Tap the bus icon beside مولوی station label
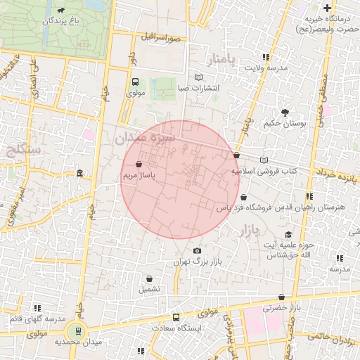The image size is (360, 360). click(x=135, y=81)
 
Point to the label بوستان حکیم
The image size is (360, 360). click(x=285, y=123)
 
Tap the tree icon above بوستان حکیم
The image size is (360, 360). click(x=285, y=112)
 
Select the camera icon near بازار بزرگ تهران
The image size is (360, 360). click(x=197, y=251)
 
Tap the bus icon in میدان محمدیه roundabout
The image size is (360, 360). click(x=77, y=330)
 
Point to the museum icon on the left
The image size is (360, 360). click(x=79, y=173)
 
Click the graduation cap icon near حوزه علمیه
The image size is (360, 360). click(x=288, y=234)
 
